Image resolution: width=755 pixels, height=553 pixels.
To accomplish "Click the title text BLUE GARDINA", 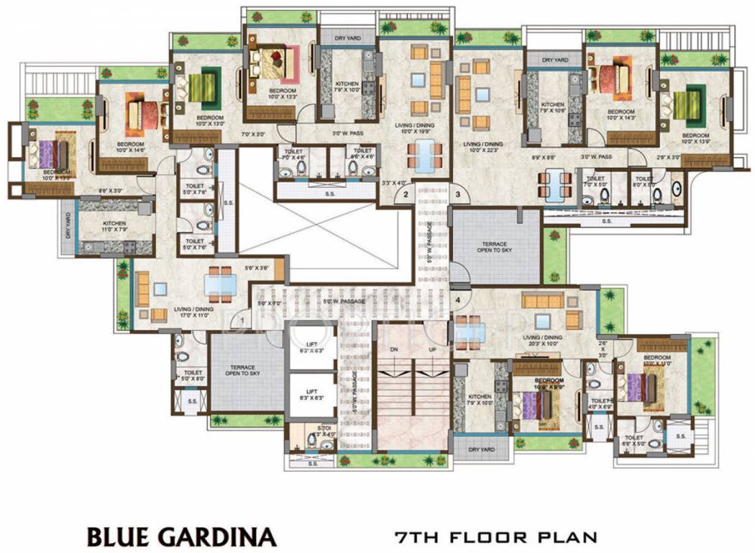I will (x=181, y=536).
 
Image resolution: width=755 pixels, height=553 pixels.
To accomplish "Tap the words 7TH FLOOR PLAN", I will (x=496, y=537).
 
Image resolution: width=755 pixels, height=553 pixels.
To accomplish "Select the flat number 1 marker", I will (x=242, y=321).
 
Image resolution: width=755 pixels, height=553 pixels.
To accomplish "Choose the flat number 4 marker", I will (x=457, y=299).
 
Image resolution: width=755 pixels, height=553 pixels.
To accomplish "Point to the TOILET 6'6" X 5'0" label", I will (x=633, y=441).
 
